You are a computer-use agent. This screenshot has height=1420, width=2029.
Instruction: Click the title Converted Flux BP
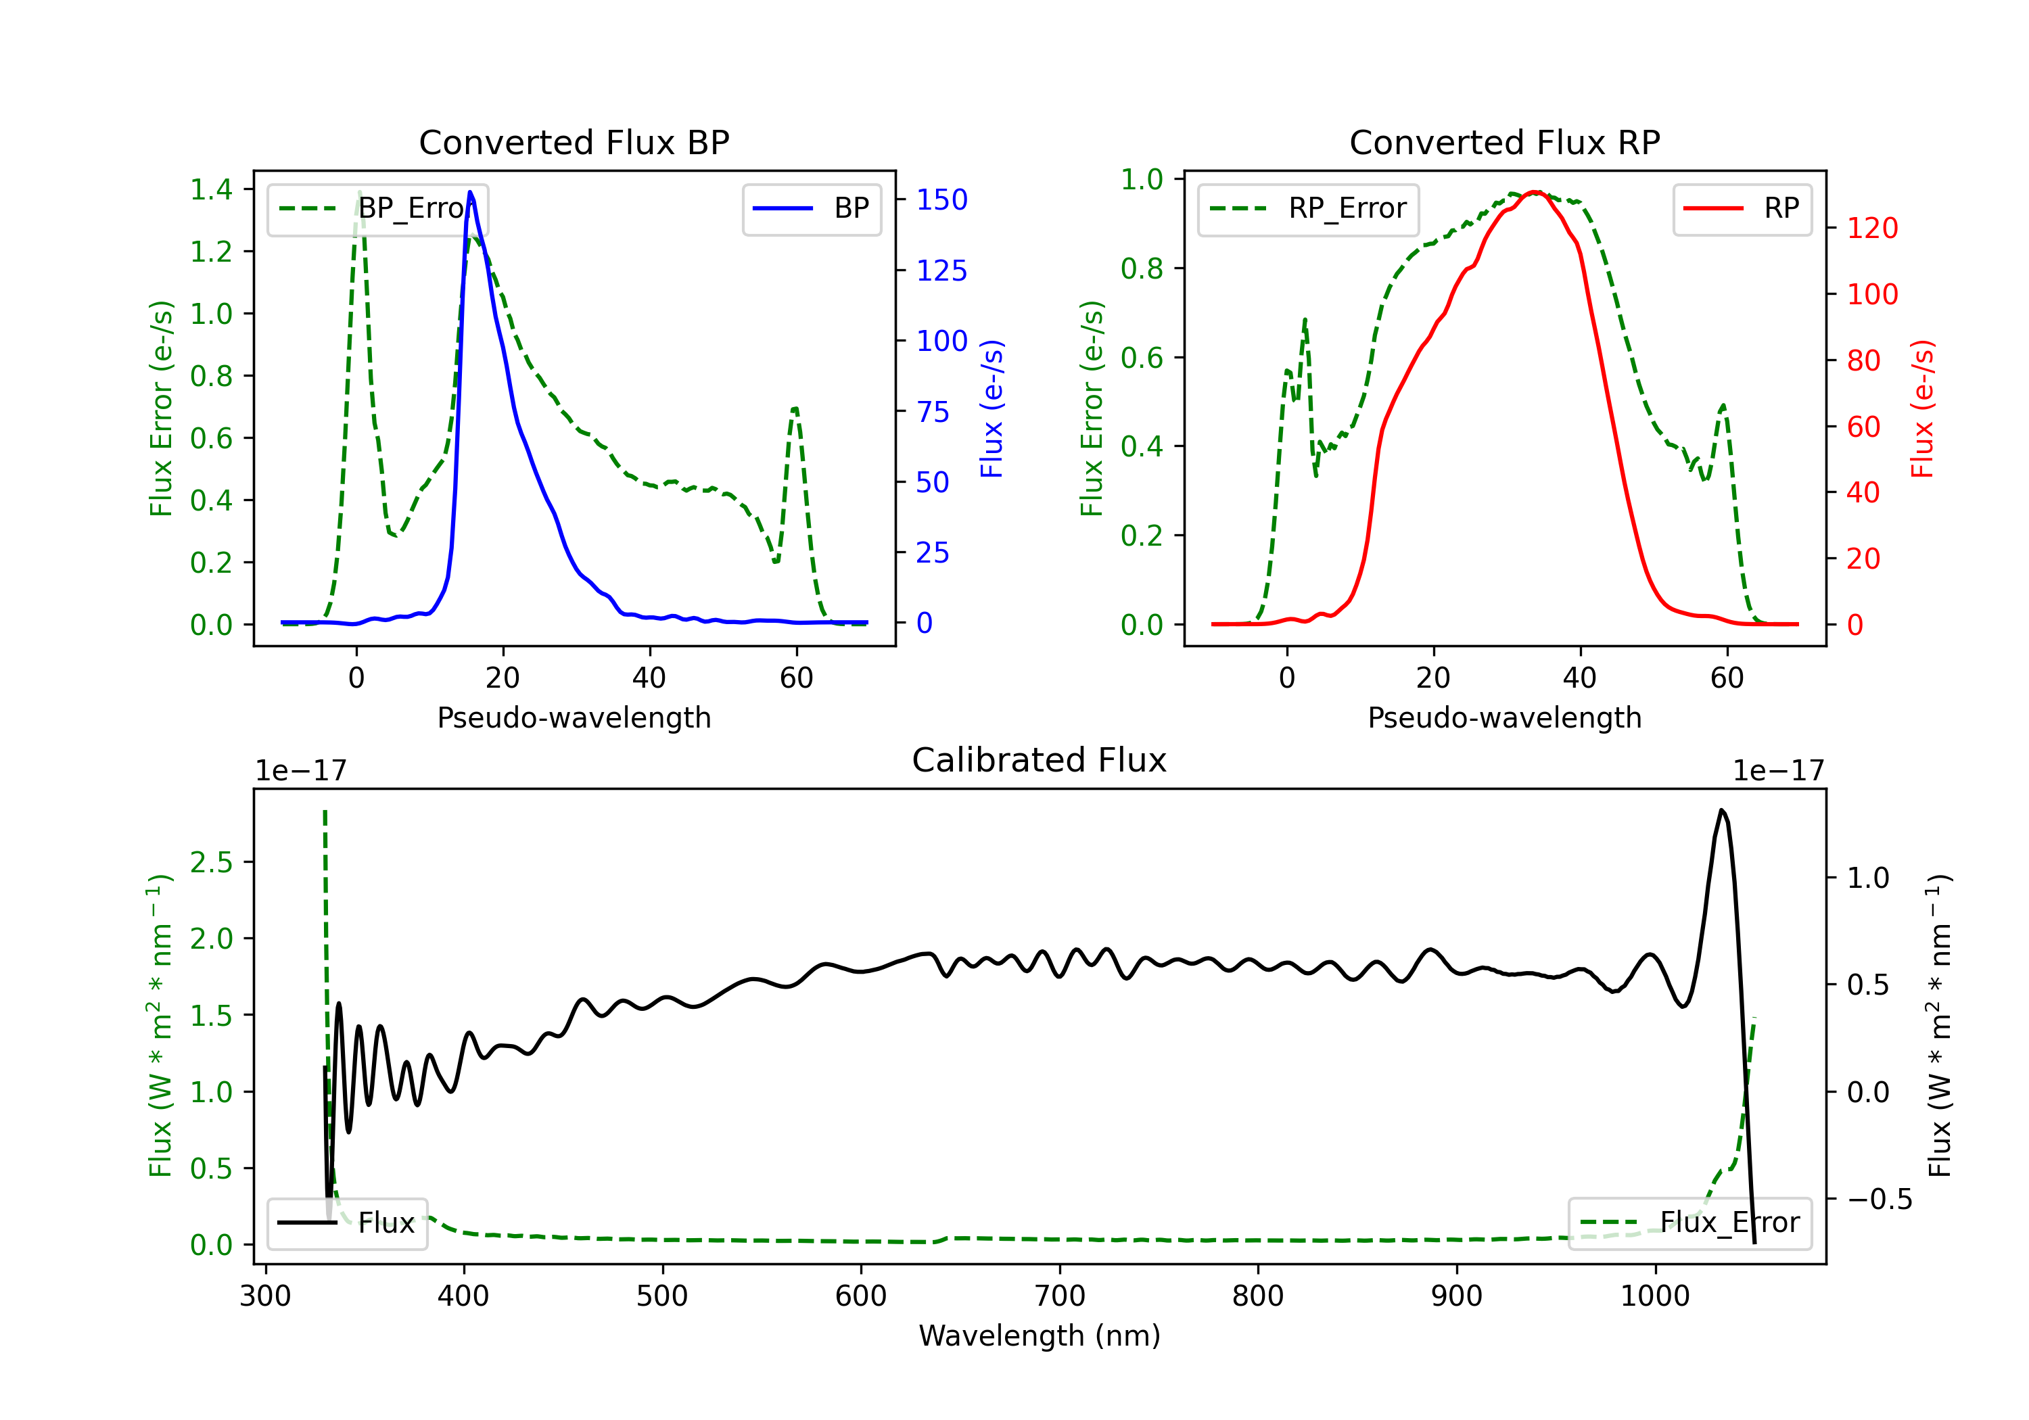point(574,142)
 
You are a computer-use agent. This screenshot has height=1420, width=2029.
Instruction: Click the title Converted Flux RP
point(1504,142)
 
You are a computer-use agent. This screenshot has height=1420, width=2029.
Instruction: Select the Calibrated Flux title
point(1040,760)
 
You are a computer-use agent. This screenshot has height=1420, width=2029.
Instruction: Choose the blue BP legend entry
point(811,208)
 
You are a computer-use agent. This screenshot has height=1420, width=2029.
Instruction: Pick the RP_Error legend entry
point(1308,208)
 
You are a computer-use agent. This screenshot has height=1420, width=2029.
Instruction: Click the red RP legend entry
point(1742,208)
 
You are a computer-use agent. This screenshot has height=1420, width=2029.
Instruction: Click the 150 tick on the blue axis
point(942,199)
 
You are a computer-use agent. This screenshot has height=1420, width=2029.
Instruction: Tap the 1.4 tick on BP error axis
point(211,189)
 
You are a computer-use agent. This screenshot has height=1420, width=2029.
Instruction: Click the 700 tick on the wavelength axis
point(1060,1296)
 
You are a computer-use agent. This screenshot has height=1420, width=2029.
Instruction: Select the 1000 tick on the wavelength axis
point(1655,1296)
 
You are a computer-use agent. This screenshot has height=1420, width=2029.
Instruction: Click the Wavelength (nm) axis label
point(1040,1335)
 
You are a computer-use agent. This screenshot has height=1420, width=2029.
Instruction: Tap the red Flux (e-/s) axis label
point(1923,409)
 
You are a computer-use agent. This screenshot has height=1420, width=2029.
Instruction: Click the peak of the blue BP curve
point(470,192)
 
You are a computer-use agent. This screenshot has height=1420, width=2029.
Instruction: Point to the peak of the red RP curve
point(1536,192)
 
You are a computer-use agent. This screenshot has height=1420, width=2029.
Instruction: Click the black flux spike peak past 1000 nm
point(1721,809)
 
